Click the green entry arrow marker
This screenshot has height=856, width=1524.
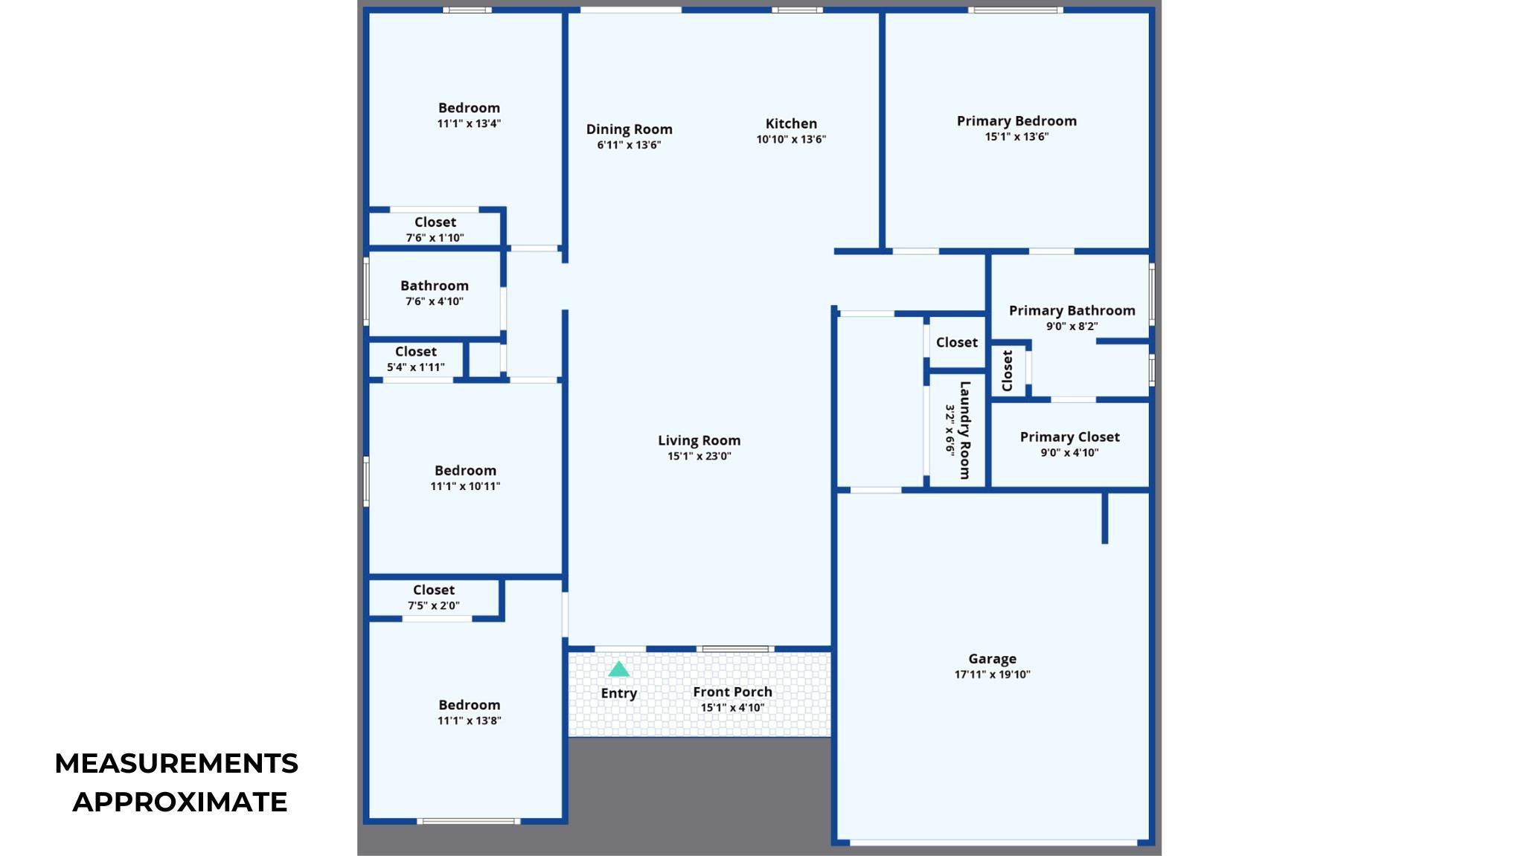coord(618,669)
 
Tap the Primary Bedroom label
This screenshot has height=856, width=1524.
coord(1016,121)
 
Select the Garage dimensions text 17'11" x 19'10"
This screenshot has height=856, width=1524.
coord(992,675)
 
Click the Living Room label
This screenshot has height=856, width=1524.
coord(699,441)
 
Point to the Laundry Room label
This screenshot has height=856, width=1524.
coord(964,430)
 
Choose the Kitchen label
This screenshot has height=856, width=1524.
coord(791,123)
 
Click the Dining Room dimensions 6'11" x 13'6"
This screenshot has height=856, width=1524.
coord(629,145)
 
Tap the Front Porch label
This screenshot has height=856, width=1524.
coord(732,692)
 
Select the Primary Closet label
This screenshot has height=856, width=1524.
coord(1069,437)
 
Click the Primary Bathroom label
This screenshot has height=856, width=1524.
coord(1072,311)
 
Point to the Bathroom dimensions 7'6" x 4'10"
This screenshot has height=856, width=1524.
coord(434,302)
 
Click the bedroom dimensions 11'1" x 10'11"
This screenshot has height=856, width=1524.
coord(465,486)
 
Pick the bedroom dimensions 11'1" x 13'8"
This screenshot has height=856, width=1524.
coord(469,721)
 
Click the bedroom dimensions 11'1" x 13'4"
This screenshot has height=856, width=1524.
coord(469,124)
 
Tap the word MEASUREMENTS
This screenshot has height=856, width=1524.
coord(176,764)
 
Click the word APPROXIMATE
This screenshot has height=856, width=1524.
coord(179,802)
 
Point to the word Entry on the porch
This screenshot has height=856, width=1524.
coord(618,694)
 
